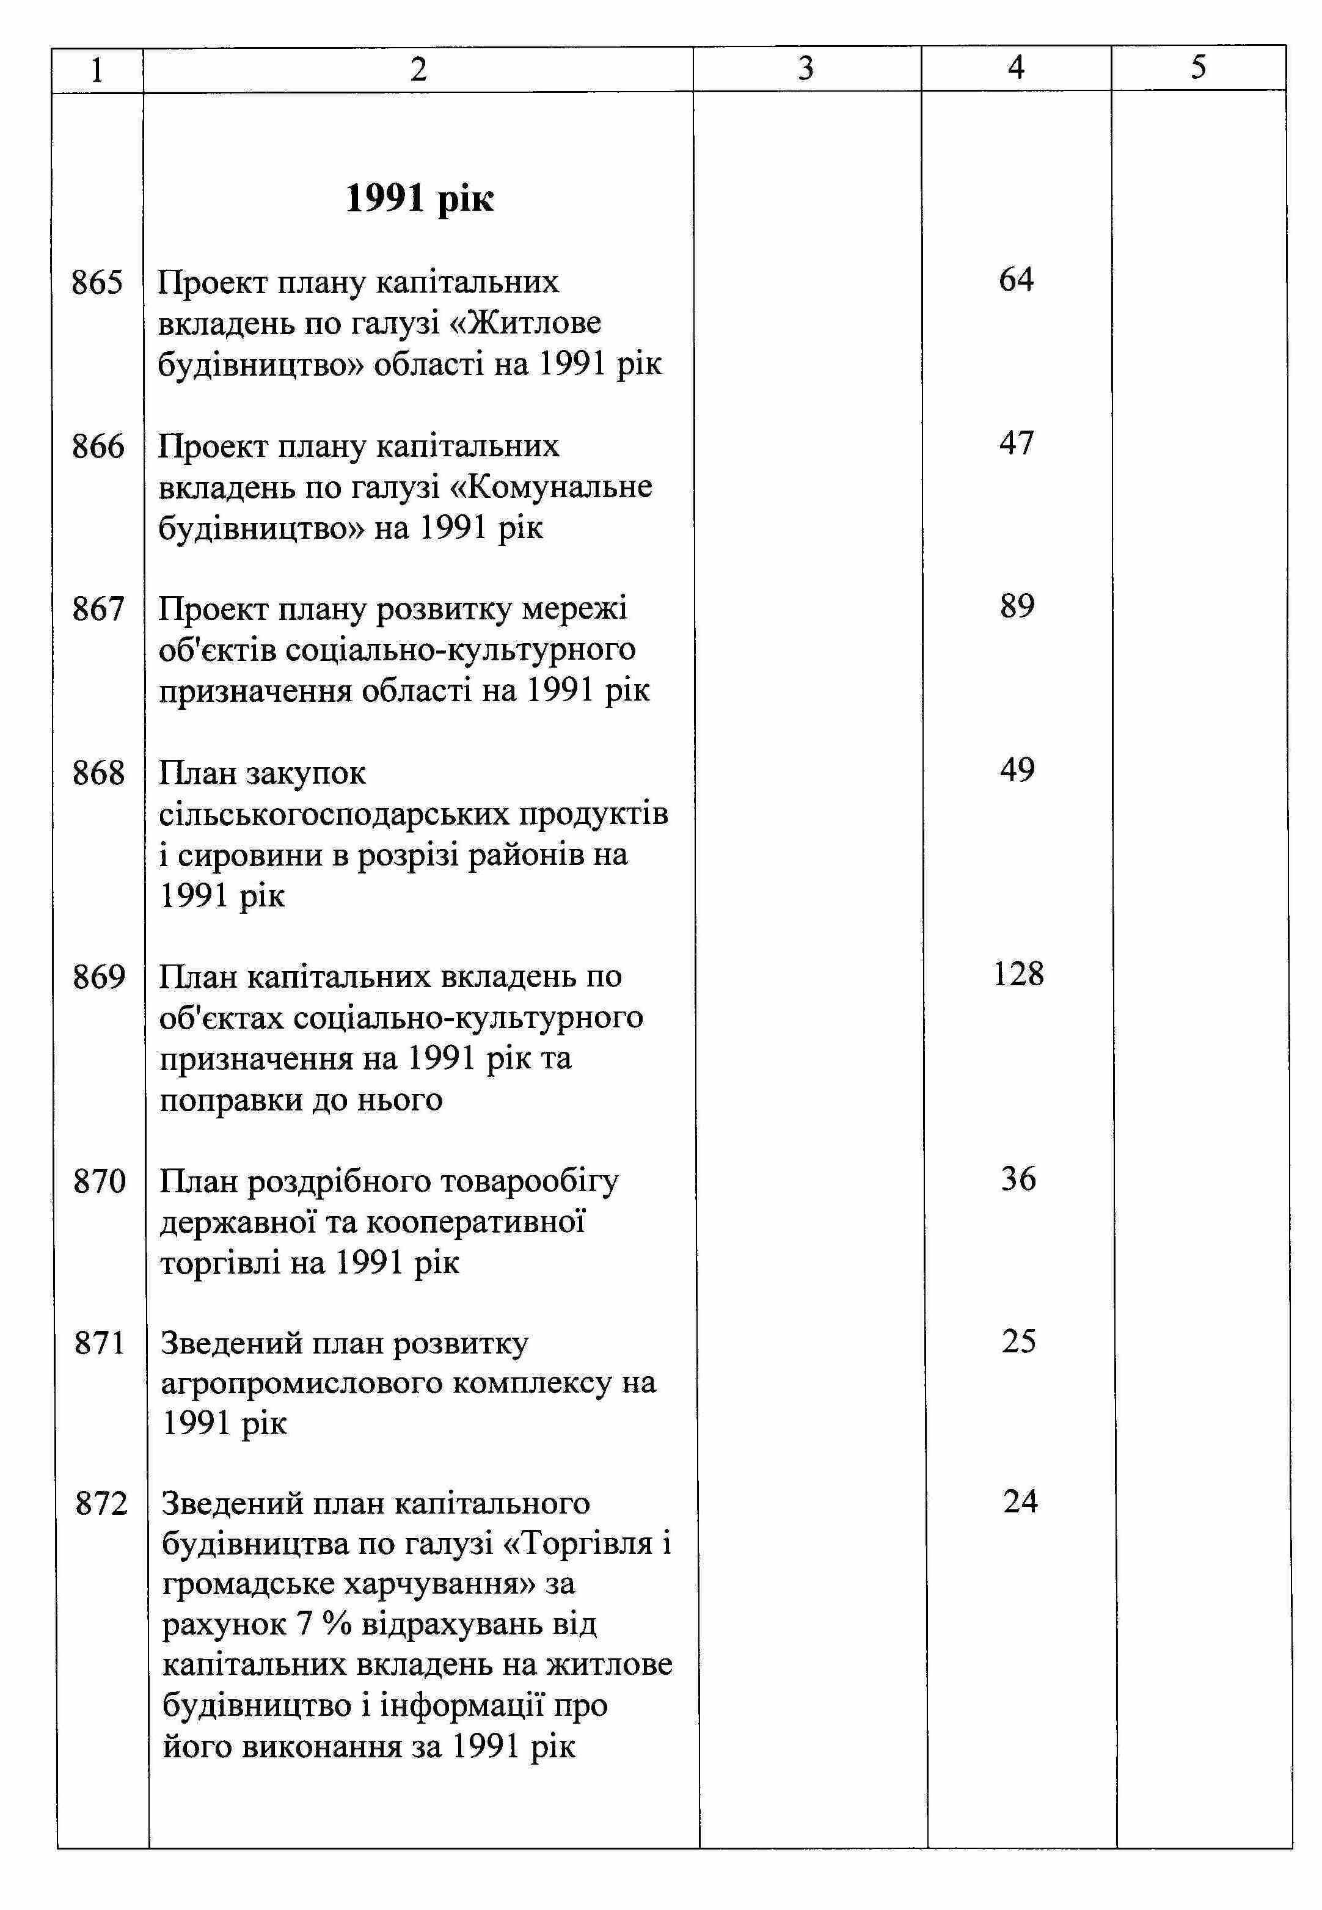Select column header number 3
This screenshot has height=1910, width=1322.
[x=806, y=68]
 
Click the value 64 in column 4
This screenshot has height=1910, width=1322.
[x=1017, y=280]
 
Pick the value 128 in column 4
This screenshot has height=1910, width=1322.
[x=1018, y=974]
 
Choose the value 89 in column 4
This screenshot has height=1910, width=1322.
[x=1017, y=607]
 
